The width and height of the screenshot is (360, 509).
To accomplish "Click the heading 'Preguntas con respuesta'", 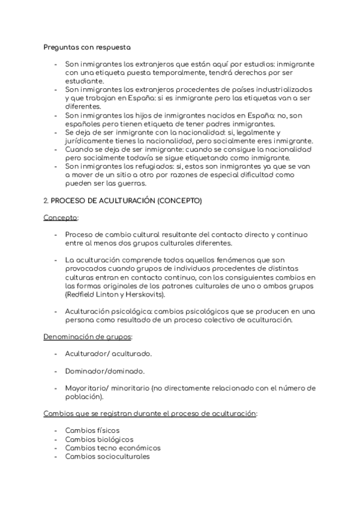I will (88, 46).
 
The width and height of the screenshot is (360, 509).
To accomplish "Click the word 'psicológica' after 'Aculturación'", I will (127, 312).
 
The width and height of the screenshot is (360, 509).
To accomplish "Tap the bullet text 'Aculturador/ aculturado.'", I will (108, 354).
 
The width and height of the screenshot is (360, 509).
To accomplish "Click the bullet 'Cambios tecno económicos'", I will (112, 447).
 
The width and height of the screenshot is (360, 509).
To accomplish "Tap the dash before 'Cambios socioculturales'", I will (55, 456).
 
